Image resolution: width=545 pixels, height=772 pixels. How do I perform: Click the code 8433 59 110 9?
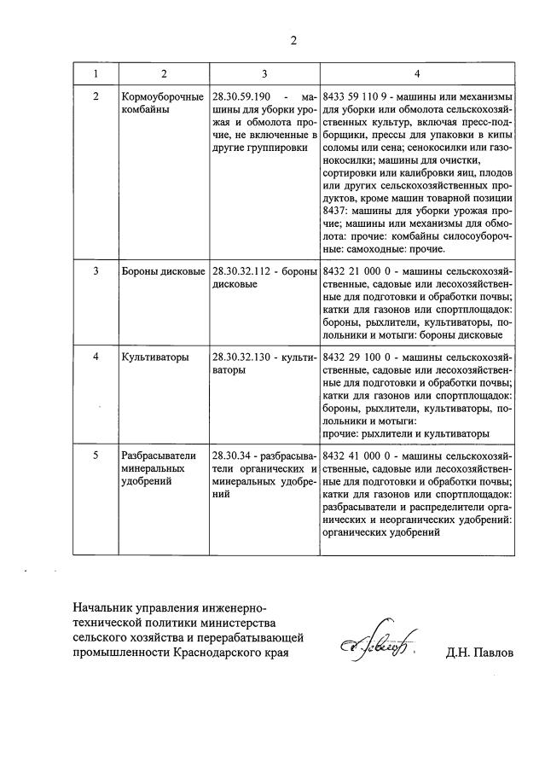(359, 96)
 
